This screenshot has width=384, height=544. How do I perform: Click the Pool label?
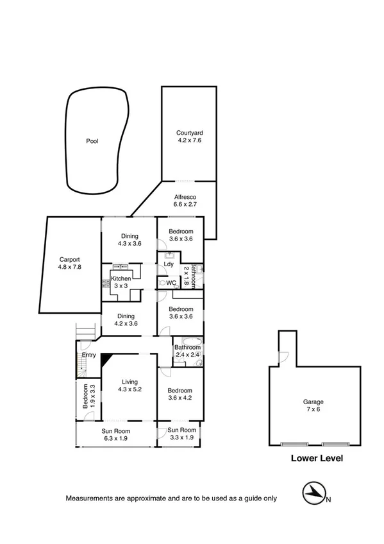pos(93,141)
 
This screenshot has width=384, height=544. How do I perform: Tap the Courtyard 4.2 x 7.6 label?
pos(189,137)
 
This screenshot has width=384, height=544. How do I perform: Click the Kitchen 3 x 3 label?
pos(121,283)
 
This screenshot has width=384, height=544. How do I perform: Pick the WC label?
pos(171,282)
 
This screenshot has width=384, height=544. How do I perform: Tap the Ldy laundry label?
pos(169,264)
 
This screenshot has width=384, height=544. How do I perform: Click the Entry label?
pos(88,355)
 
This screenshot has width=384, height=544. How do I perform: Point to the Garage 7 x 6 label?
pos(313,407)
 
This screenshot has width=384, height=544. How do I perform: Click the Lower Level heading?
pos(317,458)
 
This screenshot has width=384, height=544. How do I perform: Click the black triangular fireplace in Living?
pos(106,359)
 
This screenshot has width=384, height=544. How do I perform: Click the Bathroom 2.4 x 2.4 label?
pos(188,352)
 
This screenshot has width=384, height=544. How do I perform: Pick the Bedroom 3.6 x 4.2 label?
pos(180,394)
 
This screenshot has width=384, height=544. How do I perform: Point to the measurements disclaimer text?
pos(171,498)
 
